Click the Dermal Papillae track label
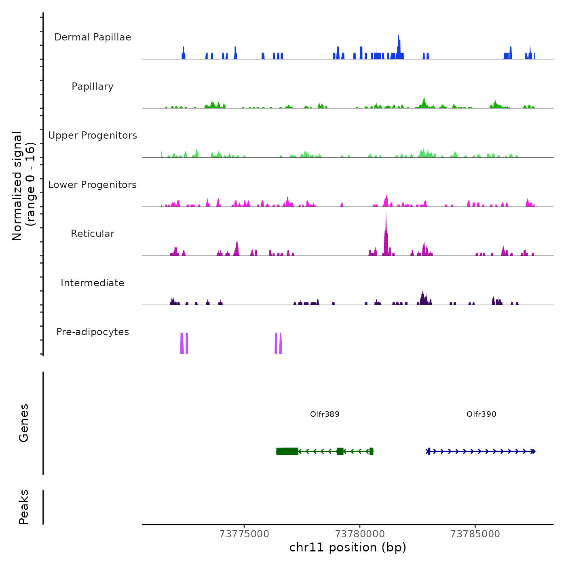click(x=93, y=37)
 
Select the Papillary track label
click(x=93, y=87)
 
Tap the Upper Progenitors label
click(x=93, y=135)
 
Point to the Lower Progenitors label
click(x=93, y=185)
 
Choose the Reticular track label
click(x=93, y=234)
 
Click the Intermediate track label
click(x=93, y=283)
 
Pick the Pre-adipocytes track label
click(x=93, y=332)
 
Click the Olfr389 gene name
click(x=325, y=414)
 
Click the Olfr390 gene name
click(x=481, y=414)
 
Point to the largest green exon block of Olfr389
click(x=287, y=451)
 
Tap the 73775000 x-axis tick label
click(x=244, y=534)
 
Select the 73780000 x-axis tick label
click(x=360, y=534)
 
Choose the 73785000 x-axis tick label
click(x=475, y=534)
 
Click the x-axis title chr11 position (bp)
click(x=348, y=547)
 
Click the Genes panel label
click(x=24, y=423)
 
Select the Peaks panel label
click(x=24, y=507)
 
